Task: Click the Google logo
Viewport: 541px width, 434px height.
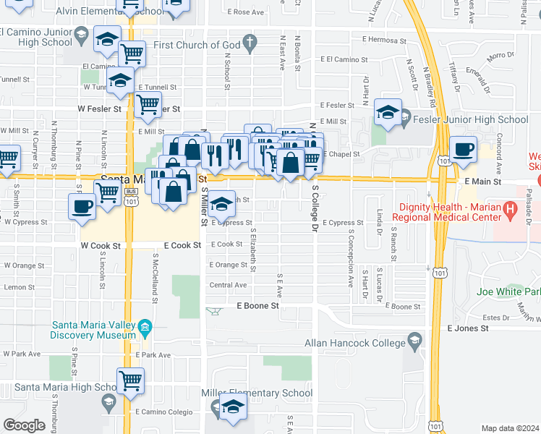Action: pyautogui.click(x=24, y=425)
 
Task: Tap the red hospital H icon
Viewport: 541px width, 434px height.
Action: pyautogui.click(x=512, y=212)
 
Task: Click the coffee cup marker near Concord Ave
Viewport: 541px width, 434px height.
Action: pyautogui.click(x=463, y=150)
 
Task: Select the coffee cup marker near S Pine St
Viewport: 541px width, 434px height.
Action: pyautogui.click(x=82, y=205)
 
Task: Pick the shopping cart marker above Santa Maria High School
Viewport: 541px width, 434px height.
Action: pyautogui.click(x=130, y=380)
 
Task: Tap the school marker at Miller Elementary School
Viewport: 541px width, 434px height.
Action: pyautogui.click(x=233, y=408)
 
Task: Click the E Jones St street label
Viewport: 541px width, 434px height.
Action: pyautogui.click(x=468, y=328)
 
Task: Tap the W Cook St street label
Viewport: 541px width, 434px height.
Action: pyautogui.click(x=100, y=246)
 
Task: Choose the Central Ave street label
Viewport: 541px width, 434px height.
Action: pyautogui.click(x=228, y=285)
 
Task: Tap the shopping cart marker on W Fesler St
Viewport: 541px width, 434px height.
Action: pyautogui.click(x=148, y=105)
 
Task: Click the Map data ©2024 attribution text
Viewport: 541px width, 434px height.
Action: pyautogui.click(x=510, y=428)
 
